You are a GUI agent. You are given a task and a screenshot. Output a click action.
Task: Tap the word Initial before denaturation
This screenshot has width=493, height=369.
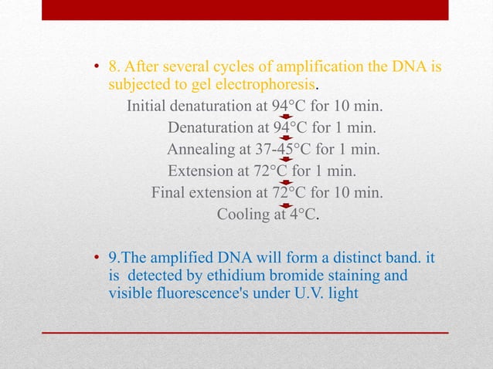point(146,105)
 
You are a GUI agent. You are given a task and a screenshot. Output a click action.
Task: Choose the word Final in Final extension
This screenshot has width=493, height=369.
point(168,192)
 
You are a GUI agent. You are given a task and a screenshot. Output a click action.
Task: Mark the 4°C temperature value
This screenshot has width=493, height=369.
point(303,215)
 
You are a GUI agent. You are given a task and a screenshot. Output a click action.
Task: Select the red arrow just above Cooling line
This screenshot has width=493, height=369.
point(286,205)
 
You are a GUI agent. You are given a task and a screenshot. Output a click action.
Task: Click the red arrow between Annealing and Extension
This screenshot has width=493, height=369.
point(286,160)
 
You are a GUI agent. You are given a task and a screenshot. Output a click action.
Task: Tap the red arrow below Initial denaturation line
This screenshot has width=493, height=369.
point(286,117)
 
